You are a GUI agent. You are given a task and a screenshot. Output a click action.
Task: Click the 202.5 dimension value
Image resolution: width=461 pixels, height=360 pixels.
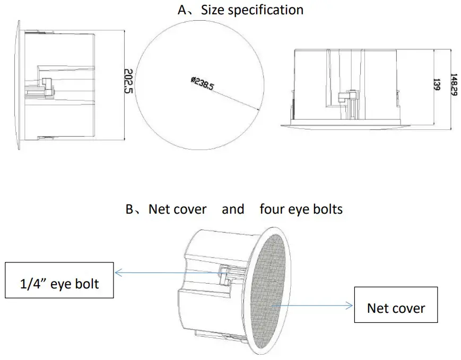[x=128, y=82]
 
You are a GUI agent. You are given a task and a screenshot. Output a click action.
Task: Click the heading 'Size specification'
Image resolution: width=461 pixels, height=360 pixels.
[x=252, y=10]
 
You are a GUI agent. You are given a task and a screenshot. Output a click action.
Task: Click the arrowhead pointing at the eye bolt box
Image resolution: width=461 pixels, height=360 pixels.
[x=118, y=273]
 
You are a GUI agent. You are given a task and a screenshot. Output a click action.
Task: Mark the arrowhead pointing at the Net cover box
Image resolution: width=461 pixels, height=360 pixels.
[x=350, y=305]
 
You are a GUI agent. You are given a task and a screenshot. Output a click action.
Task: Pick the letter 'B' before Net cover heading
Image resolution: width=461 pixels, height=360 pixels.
[x=130, y=209]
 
